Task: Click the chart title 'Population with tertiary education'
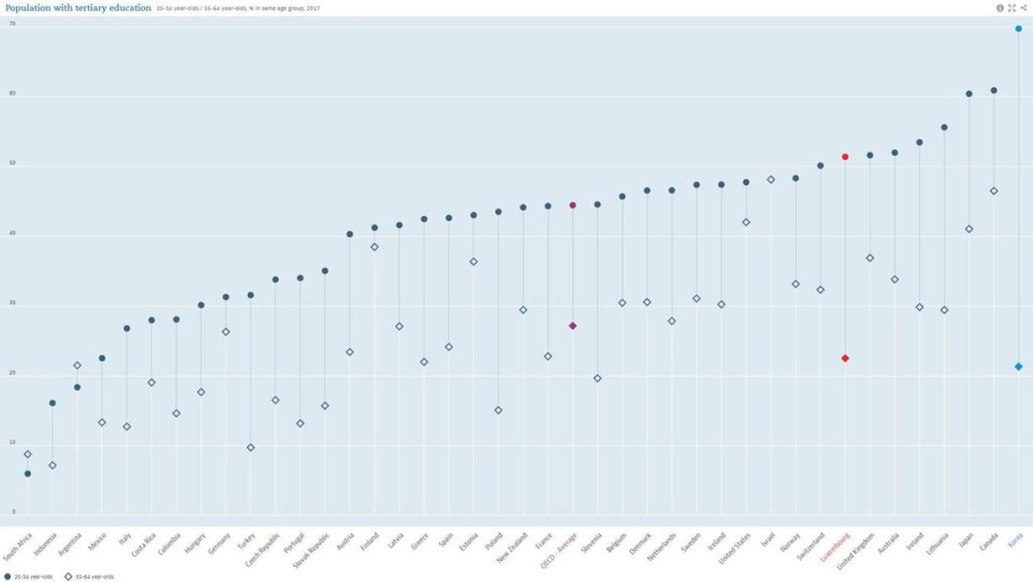coord(77,8)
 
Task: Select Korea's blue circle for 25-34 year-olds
coord(1019,29)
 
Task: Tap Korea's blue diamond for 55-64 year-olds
coord(1019,367)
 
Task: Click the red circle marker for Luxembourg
coord(845,157)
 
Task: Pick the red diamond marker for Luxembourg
coord(845,358)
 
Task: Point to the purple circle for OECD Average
coord(572,205)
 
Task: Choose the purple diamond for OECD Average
coord(572,326)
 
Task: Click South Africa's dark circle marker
coord(28,474)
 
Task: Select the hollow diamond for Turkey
coord(251,448)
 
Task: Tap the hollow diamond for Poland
coord(498,411)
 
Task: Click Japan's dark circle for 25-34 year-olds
coord(969,94)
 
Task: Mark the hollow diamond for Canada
coord(993,191)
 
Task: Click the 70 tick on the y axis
coord(13,24)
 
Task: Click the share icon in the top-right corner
coord(1024,8)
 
